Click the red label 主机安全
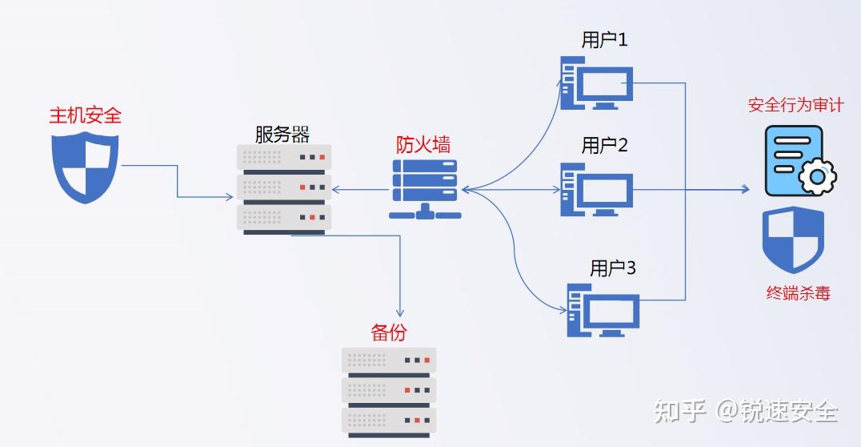point(86,115)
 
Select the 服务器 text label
point(282,134)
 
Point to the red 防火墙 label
point(423,144)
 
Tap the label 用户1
point(604,40)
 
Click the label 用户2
point(604,145)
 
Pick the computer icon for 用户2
point(597,190)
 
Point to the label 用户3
point(612,268)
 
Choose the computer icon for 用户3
point(603,309)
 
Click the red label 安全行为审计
point(795,105)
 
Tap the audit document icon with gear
point(799,161)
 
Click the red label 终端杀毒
point(798,293)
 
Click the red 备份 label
point(388,332)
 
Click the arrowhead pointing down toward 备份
point(399,312)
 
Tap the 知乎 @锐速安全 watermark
point(746,412)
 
